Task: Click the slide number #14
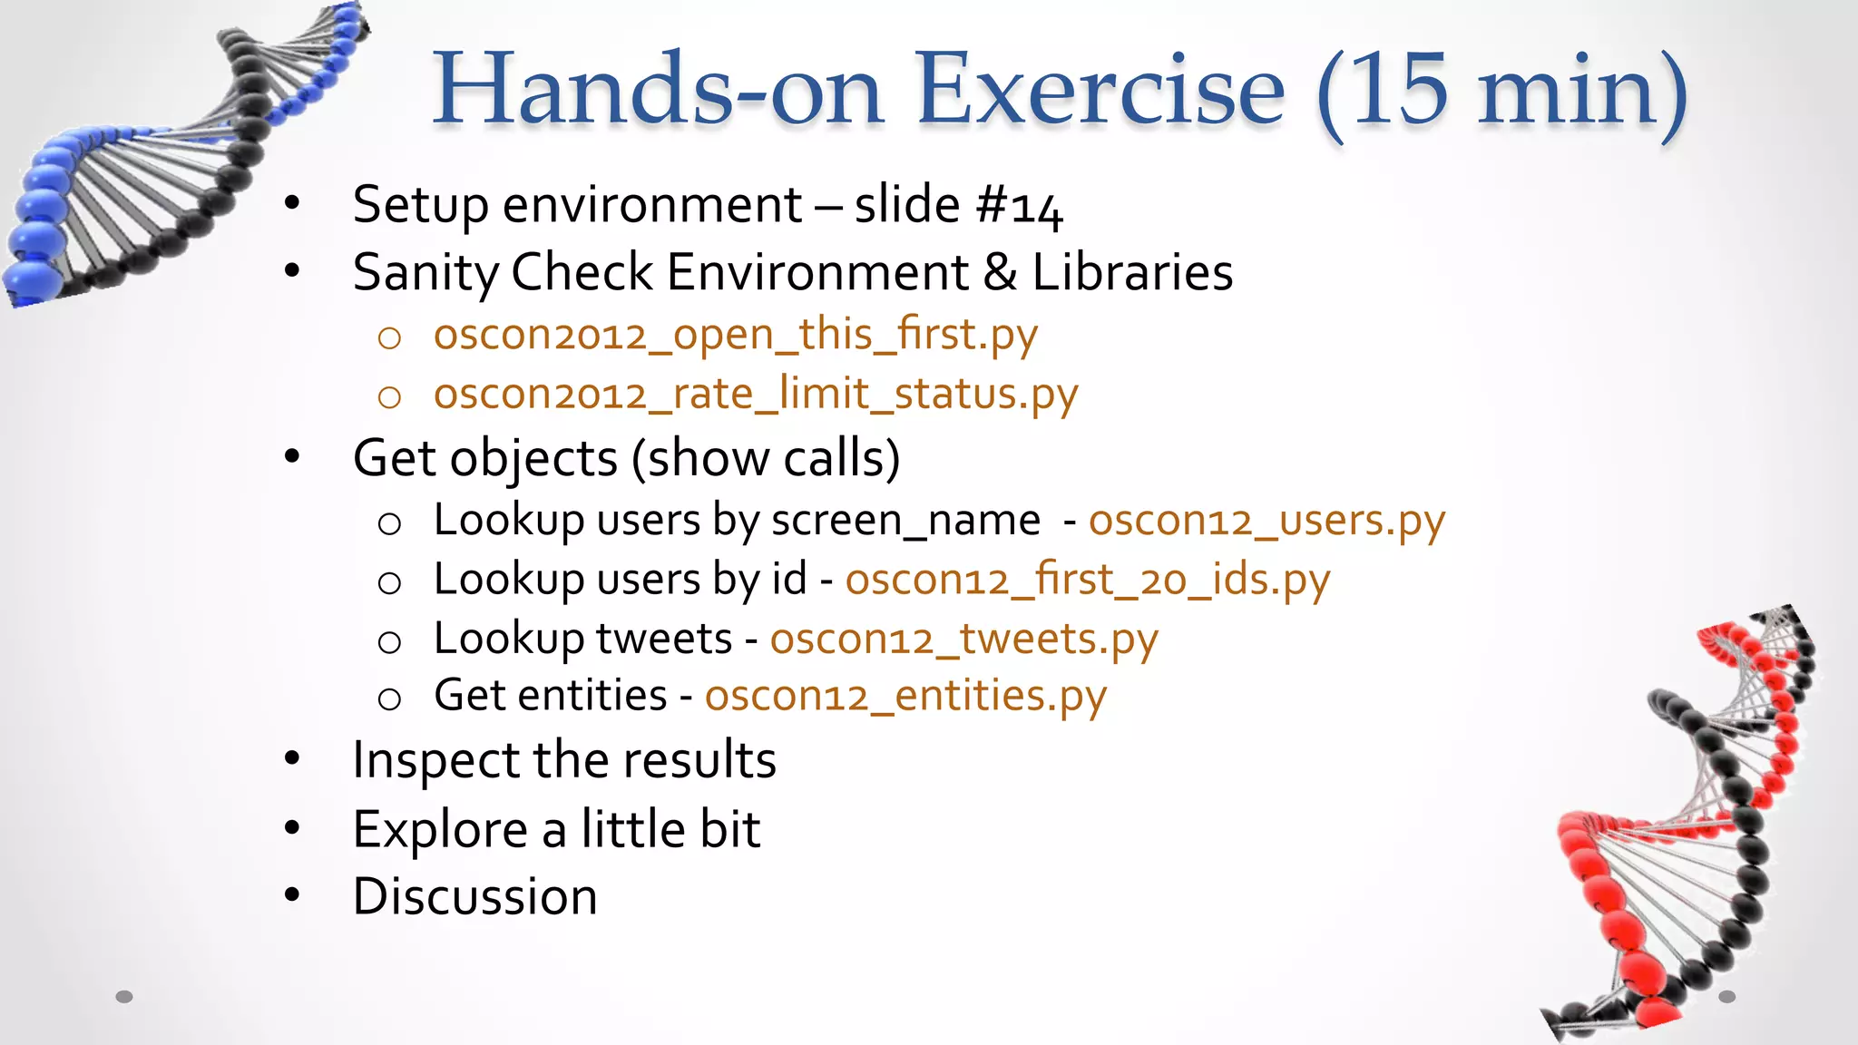tap(1018, 206)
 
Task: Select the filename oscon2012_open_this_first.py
tap(735, 336)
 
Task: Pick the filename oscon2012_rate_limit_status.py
tap(755, 396)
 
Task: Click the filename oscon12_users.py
tap(1266, 522)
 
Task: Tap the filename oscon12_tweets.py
tap(963, 640)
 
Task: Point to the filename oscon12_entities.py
tap(905, 698)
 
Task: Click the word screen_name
tap(905, 522)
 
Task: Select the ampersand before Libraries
tap(1000, 273)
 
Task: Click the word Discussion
tap(474, 897)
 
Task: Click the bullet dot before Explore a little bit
tap(291, 827)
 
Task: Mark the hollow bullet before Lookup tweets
tap(389, 642)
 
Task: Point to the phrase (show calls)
tap(765, 458)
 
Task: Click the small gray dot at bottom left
tap(124, 997)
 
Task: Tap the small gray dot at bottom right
tap(1726, 997)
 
